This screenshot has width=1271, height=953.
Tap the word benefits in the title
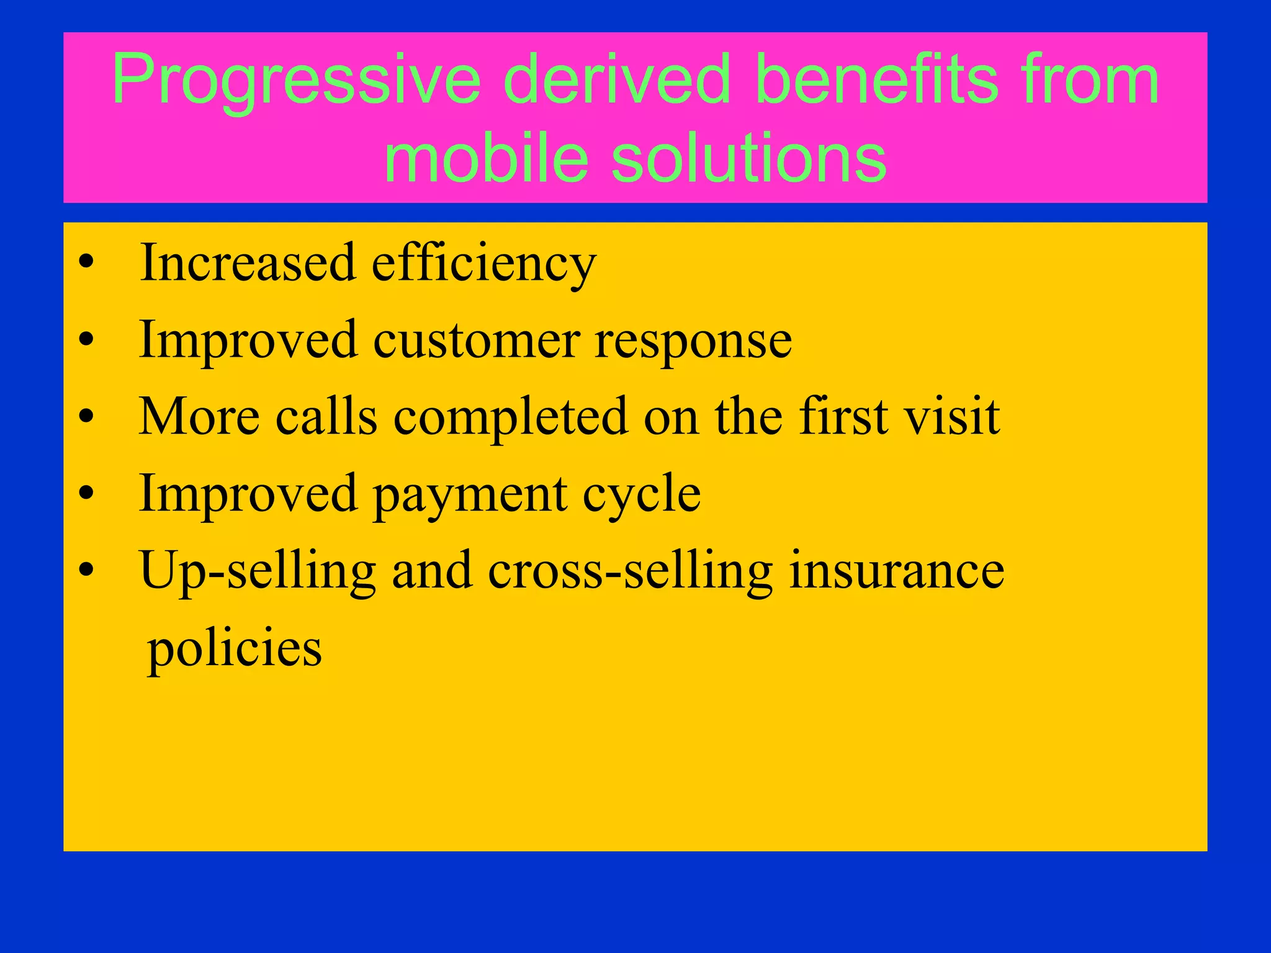tap(877, 81)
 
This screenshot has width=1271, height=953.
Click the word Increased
tap(248, 263)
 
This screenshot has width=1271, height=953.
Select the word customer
tap(477, 341)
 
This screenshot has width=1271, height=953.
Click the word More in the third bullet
tap(199, 416)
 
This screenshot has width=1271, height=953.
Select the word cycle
tap(641, 495)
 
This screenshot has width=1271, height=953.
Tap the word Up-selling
tap(258, 571)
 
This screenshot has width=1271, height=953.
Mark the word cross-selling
tap(630, 571)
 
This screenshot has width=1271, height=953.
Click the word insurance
tap(896, 571)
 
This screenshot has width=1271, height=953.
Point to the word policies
tap(234, 648)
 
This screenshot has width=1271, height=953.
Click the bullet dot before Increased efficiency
tap(86, 263)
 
